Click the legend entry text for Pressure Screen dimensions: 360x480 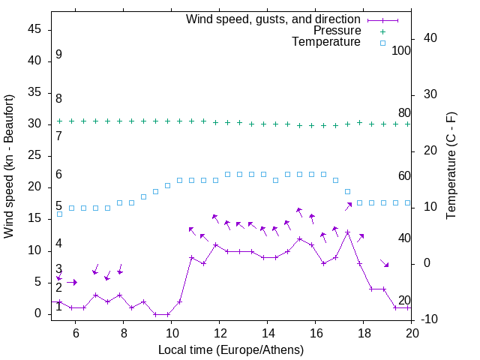(337, 31)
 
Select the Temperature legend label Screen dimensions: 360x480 (326, 42)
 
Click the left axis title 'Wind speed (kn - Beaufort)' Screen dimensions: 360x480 (9, 166)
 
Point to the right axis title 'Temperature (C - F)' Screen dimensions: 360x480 (451, 166)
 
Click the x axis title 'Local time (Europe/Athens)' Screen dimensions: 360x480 (231, 350)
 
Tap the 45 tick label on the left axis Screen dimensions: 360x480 (34, 29)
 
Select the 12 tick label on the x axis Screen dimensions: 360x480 (219, 333)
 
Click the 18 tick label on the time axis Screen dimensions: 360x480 (364, 333)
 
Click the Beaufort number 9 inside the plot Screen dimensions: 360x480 (58, 55)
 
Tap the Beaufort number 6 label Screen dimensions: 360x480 (58, 175)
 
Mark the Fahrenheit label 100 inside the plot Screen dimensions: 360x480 (401, 50)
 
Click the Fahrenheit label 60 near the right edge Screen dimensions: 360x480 (404, 175)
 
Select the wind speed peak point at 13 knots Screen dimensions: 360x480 (347, 232)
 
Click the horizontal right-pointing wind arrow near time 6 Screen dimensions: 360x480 (72, 282)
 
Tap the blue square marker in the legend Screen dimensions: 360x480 (382, 43)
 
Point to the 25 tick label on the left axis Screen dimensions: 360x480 (34, 155)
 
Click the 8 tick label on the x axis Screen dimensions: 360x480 (122, 333)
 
